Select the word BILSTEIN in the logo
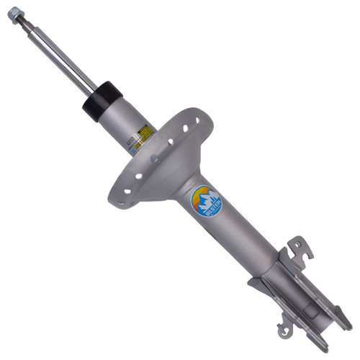[206, 210]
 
